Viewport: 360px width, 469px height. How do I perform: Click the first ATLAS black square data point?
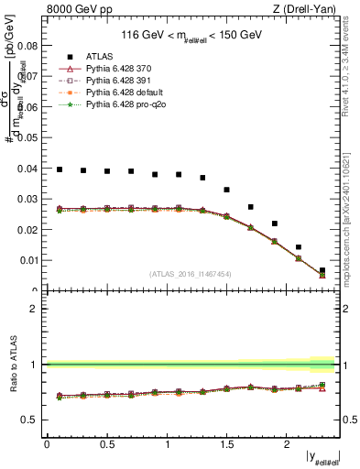click(60, 169)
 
